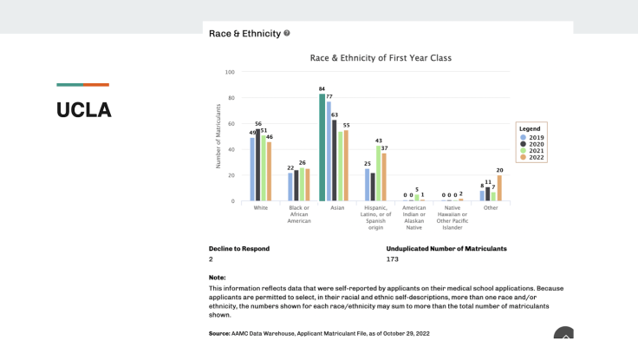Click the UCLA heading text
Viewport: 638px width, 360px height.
click(84, 110)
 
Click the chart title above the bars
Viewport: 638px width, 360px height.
click(381, 58)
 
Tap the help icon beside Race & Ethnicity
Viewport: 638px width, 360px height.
click(287, 34)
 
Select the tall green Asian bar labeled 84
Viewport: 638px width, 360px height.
click(322, 147)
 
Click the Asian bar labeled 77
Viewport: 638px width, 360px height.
click(329, 151)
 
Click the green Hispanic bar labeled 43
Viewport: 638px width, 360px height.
click(378, 173)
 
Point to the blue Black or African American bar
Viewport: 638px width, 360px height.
click(290, 187)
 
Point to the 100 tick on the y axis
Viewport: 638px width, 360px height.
click(230, 72)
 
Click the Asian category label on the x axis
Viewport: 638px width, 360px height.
click(337, 208)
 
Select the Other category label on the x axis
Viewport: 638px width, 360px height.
click(491, 208)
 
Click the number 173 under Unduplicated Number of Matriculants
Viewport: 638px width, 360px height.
click(394, 259)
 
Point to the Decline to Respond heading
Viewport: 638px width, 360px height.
click(238, 249)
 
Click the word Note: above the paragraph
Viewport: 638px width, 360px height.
click(217, 278)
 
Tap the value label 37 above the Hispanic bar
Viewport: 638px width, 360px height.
click(384, 149)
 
